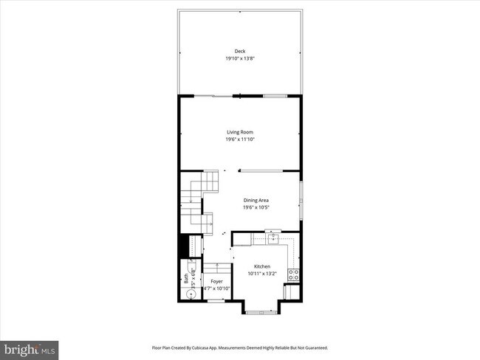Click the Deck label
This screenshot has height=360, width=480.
point(239,51)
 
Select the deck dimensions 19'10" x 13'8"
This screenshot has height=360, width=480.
point(239,58)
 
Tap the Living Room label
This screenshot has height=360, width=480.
point(240,132)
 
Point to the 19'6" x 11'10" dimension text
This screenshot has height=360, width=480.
point(240,139)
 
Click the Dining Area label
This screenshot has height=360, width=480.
point(256,200)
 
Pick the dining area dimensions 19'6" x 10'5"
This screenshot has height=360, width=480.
point(256,207)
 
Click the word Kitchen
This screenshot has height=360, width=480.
point(262,266)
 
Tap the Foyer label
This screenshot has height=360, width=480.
point(216,282)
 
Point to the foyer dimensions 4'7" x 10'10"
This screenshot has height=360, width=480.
point(216,288)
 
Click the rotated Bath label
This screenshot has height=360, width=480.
point(186,280)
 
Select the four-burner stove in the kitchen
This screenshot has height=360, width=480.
point(292,274)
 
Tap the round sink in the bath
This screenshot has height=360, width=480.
point(191,294)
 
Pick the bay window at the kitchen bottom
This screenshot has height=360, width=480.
point(262,313)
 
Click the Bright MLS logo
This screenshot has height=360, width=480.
point(30,347)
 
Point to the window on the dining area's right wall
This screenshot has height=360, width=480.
point(301,198)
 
